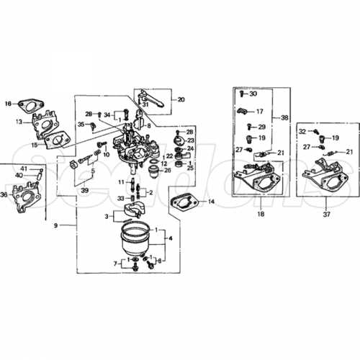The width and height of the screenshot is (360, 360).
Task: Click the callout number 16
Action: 9,104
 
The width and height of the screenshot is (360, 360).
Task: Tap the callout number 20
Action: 181,99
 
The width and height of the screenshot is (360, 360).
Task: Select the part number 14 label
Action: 211,202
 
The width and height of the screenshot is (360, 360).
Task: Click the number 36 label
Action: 4,194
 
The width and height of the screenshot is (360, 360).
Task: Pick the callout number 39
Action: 84,190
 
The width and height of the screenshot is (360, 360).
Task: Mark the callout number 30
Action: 253,94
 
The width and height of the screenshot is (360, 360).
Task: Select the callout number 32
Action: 303,130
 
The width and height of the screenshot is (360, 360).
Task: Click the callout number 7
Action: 115,264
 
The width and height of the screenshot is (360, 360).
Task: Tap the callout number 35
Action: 82,124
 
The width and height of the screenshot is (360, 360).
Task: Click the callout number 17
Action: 259,112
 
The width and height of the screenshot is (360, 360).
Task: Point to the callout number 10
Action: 105,155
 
